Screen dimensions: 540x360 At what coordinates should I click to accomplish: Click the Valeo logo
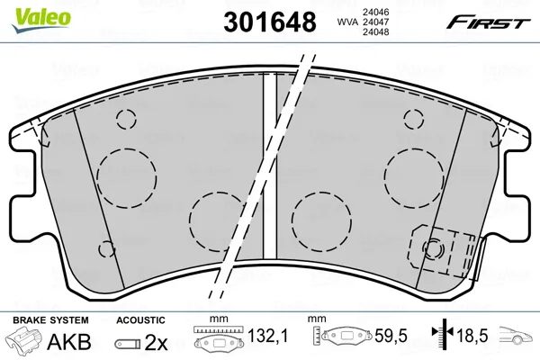tap(40, 20)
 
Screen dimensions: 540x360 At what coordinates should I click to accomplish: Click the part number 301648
tap(270, 22)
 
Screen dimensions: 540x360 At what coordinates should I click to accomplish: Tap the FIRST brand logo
tap(489, 22)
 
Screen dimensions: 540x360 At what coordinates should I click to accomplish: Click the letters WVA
tap(347, 22)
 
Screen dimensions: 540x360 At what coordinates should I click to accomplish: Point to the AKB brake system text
tap(69, 341)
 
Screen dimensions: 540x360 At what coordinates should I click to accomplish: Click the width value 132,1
tap(267, 335)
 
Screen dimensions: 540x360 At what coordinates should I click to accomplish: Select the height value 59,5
tap(391, 335)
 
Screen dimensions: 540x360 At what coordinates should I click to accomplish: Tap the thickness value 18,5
tap(472, 335)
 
